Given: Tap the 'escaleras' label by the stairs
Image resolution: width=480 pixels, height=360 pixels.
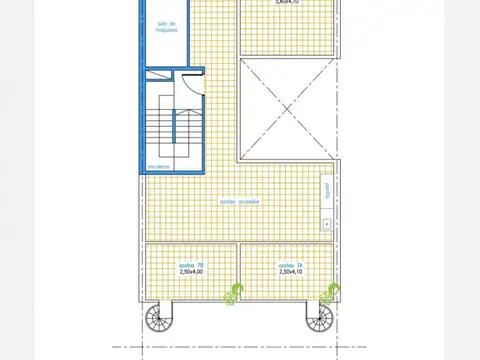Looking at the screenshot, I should pos(159,166).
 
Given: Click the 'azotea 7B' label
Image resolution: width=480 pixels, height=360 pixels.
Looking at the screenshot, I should pos(190,264).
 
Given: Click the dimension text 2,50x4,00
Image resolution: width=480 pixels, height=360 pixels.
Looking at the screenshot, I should pos(190,271).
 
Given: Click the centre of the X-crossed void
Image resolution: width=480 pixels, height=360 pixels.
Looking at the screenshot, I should pos(286,110).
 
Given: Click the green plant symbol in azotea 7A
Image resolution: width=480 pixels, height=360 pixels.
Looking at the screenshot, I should pos(327,293).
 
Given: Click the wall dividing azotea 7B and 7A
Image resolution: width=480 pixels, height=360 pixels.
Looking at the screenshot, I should pos(238,270).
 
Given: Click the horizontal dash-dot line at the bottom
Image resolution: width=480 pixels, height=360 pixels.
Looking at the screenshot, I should pos(240,346).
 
